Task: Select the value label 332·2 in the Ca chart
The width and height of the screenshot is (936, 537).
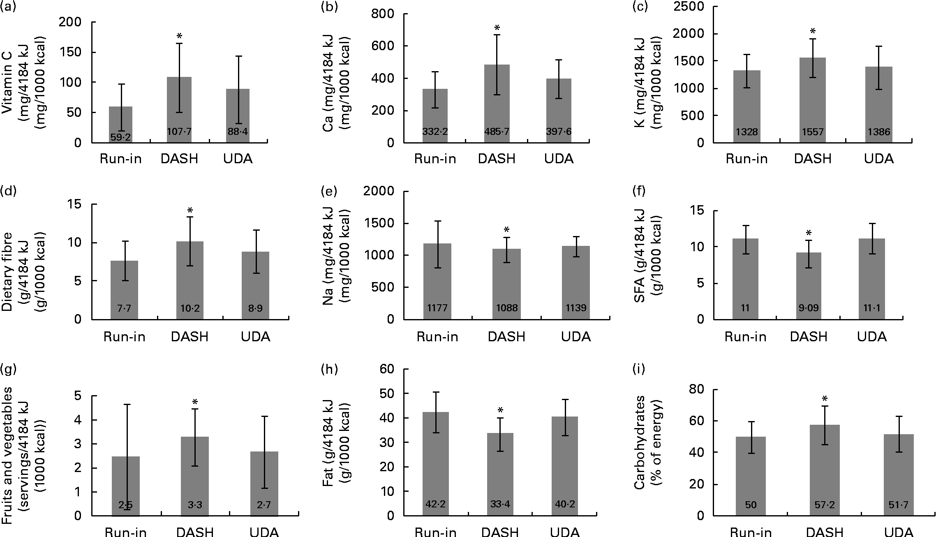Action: click(x=435, y=132)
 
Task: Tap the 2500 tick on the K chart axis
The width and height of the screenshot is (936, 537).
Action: click(x=689, y=7)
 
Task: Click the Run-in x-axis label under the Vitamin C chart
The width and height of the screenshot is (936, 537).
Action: click(x=120, y=159)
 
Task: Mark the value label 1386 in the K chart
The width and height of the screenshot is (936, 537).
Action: click(x=879, y=132)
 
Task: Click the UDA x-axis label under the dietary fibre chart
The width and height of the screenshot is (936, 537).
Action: click(x=255, y=337)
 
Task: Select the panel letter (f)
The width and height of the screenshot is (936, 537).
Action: click(x=640, y=191)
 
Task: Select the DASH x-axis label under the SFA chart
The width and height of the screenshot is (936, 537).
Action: click(x=809, y=337)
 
